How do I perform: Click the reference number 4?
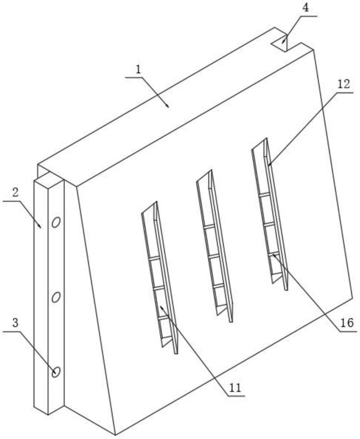(306, 8)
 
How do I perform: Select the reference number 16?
(347, 323)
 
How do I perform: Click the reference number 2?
(15, 193)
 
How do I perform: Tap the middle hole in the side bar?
(56, 297)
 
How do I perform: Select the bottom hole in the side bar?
(56, 372)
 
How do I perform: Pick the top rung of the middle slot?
(209, 227)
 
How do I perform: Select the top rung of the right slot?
(264, 194)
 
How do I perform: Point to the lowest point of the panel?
(115, 435)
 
